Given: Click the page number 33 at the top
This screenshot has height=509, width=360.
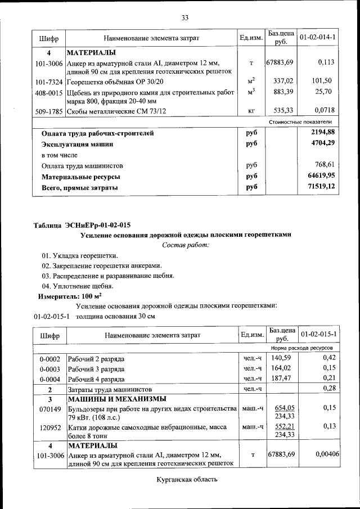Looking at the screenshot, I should pyautogui.click(x=184, y=17).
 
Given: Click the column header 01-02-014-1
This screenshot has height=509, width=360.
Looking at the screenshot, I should pyautogui.click(x=318, y=38).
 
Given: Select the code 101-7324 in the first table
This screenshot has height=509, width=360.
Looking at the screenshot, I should pyautogui.click(x=48, y=81).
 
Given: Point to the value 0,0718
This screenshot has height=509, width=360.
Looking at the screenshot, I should pyautogui.click(x=324, y=111).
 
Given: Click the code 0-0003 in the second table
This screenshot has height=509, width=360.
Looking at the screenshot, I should pyautogui.click(x=49, y=368).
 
